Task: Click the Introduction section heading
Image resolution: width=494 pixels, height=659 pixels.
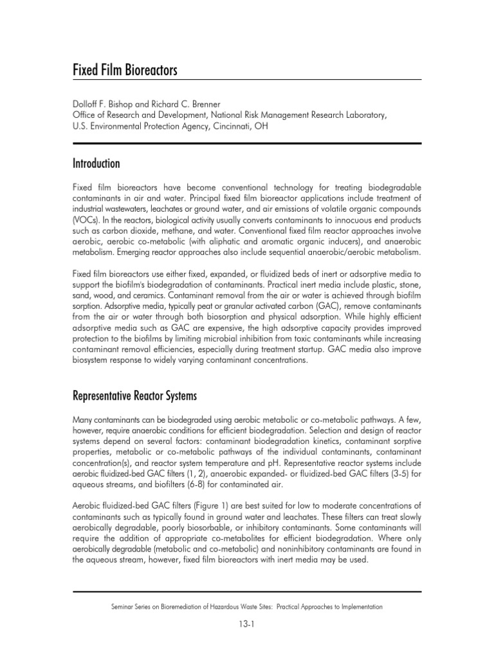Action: pyautogui.click(x=96, y=164)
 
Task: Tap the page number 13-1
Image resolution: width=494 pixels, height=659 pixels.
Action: pyautogui.click(x=247, y=623)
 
